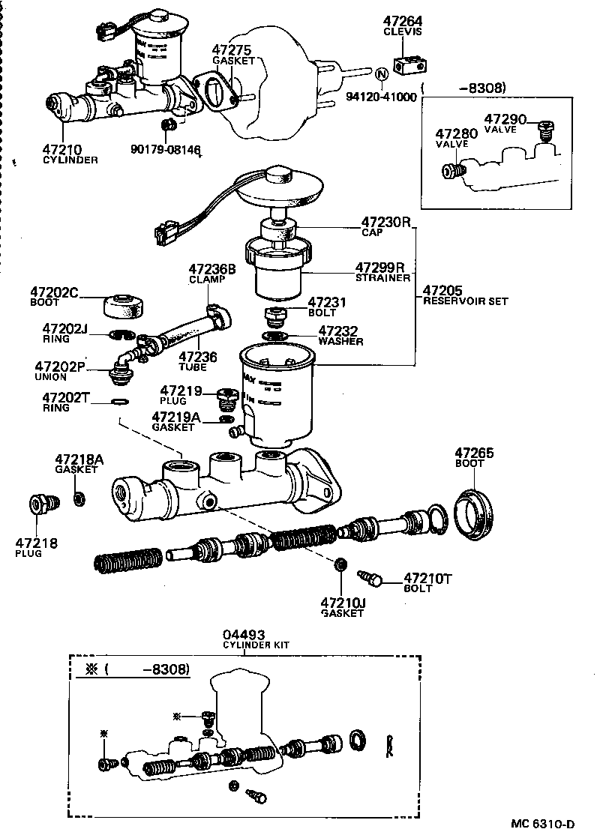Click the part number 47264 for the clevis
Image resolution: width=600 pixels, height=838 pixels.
tap(402, 22)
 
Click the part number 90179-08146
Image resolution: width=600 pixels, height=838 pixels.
tap(166, 150)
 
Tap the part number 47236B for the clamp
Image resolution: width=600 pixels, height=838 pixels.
tap(211, 268)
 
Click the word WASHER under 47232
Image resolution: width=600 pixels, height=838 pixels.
tap(340, 341)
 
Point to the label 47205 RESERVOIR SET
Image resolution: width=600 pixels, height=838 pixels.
tap(465, 295)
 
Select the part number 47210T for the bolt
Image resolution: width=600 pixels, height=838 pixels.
tap(428, 578)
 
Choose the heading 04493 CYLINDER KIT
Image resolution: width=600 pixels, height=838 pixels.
tap(255, 639)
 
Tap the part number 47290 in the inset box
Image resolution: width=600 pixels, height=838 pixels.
tap(505, 119)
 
